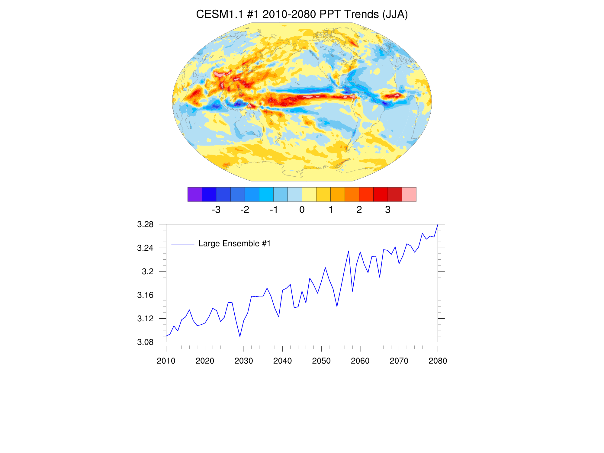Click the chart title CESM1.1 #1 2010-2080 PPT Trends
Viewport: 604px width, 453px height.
coord(302,14)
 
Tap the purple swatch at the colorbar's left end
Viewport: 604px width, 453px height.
coord(194,194)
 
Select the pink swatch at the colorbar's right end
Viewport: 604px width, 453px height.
coord(409,194)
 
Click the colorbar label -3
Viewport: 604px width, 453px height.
coord(216,210)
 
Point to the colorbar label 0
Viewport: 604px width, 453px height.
coord(302,210)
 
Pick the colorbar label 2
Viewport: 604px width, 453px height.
coord(359,210)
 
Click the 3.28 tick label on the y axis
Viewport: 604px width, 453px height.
coord(145,224)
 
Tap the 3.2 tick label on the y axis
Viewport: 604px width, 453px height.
coord(148,271)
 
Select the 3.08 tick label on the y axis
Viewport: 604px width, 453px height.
coord(145,342)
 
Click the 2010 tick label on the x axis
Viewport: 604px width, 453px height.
coord(166,361)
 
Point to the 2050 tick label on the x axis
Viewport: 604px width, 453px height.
coord(321,361)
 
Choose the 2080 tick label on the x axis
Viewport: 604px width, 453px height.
coord(438,361)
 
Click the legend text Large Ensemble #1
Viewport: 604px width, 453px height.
coord(234,244)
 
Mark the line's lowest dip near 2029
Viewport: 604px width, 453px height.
coord(240,336)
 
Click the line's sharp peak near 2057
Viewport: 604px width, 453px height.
coord(349,251)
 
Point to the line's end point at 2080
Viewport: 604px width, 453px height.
coord(438,225)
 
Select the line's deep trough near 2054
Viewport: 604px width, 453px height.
coord(337,307)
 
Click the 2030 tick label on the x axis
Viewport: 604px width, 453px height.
coord(244,361)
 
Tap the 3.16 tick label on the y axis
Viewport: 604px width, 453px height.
coord(145,295)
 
